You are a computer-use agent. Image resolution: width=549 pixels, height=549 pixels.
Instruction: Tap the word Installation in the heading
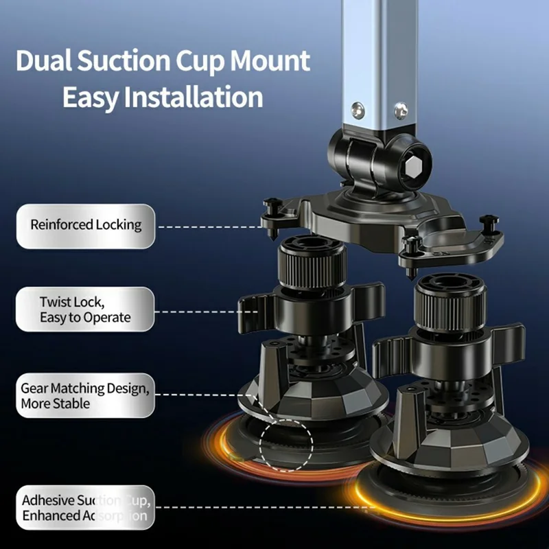point(195,97)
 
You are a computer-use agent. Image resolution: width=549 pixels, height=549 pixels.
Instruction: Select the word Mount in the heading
point(270,62)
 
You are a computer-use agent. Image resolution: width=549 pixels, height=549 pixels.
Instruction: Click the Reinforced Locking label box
point(86,225)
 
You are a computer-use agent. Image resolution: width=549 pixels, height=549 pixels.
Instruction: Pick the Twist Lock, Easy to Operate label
point(86,309)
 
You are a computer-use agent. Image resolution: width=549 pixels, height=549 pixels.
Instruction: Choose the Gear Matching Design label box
point(86,395)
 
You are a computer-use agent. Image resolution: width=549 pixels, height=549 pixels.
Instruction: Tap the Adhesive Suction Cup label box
point(86,508)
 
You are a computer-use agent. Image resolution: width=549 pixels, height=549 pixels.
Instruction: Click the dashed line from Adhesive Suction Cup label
point(261,509)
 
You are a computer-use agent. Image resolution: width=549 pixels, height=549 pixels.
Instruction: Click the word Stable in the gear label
point(70,404)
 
